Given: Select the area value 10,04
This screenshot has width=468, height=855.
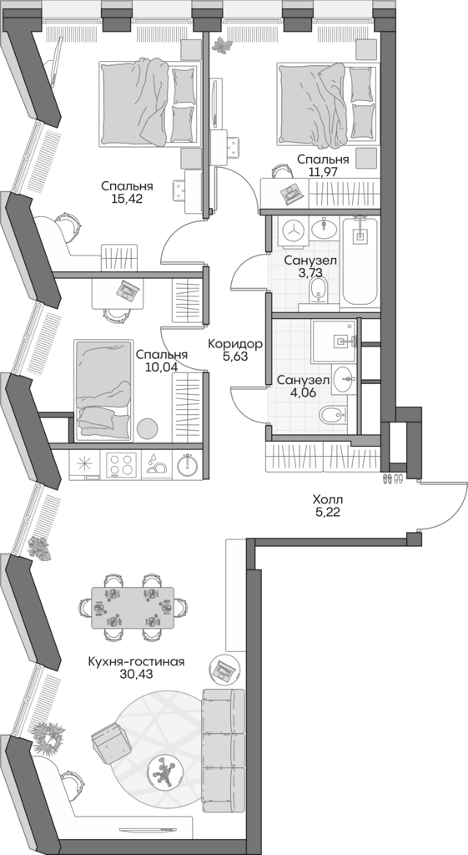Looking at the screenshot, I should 161,367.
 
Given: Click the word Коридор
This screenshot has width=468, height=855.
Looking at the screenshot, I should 235,343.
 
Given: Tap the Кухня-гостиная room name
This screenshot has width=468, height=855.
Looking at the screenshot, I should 135,661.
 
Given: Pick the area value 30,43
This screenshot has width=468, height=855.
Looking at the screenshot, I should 135,675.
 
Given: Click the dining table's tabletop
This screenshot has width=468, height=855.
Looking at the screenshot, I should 133,606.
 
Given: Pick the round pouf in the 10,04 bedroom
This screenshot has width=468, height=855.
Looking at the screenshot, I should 148,427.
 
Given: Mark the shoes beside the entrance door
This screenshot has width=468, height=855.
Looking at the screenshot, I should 393,478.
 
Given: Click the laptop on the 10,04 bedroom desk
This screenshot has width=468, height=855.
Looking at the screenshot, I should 127,290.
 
